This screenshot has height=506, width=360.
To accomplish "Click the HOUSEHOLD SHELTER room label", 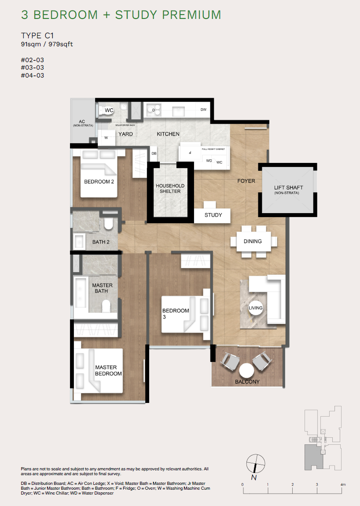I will pos(170,188).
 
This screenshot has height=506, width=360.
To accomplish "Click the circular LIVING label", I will pos(255,308).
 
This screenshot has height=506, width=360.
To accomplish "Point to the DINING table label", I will pos(253,241).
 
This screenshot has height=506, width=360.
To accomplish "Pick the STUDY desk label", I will pos(213,215).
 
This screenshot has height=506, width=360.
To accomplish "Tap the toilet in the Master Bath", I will pos(107,305).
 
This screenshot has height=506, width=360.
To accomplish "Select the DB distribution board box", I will pos(154,154).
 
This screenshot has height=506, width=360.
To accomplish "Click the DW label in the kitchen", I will pos(203,110).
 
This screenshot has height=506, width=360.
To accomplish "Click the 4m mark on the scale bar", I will pos(342,484).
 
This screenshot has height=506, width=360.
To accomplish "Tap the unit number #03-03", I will pos(33,67).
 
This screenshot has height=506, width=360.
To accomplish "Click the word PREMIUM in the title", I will pos(192,15).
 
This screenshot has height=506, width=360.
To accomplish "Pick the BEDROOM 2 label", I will pos(100,181).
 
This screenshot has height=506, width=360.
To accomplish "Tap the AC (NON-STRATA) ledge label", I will pos(82,123).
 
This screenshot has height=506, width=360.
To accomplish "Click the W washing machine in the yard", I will pos(106,138).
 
